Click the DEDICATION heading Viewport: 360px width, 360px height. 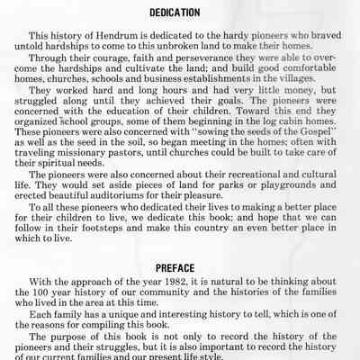click(x=180, y=14)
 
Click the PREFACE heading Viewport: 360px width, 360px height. click(x=180, y=267)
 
